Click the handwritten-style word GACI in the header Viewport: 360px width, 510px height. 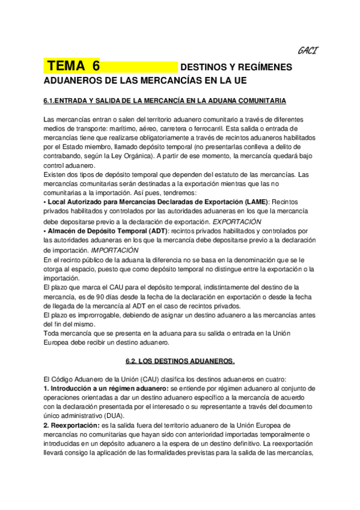pos(307,51)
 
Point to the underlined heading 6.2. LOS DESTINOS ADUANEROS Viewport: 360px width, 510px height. pos(180,361)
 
